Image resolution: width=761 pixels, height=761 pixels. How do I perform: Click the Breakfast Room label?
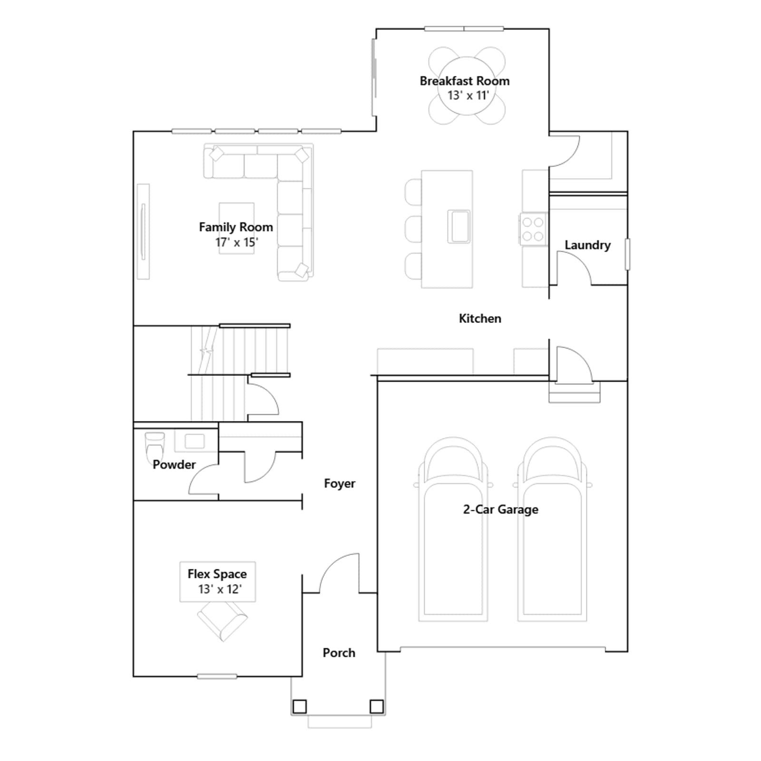[x=464, y=81]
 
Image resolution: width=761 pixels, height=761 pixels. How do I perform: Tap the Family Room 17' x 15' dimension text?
[x=236, y=243]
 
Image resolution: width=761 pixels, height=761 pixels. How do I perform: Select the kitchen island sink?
[x=459, y=227]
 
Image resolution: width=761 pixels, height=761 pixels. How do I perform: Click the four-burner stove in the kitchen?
[x=532, y=229]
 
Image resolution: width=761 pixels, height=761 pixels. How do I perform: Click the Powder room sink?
[x=194, y=441]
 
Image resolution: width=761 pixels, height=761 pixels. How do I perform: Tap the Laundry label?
[x=587, y=245]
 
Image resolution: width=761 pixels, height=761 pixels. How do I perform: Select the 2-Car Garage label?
[x=501, y=509]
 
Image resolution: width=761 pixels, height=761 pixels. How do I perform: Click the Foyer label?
[x=340, y=484]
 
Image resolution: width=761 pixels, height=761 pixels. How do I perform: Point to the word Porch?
[x=339, y=653]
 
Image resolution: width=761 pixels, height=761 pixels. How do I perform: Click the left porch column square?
[x=300, y=707]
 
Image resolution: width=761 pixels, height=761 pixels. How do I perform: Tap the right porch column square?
[x=377, y=707]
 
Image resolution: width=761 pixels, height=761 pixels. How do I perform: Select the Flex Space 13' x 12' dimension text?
[x=220, y=589]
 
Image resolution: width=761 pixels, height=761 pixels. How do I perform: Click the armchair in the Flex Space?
[x=223, y=621]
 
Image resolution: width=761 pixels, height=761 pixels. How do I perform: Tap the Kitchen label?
[x=480, y=319]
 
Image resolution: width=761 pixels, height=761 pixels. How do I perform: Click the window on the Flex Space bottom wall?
[x=217, y=676]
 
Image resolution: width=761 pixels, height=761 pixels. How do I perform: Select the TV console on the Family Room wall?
[x=143, y=231]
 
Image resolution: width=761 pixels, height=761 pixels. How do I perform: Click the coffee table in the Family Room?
[x=236, y=228]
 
